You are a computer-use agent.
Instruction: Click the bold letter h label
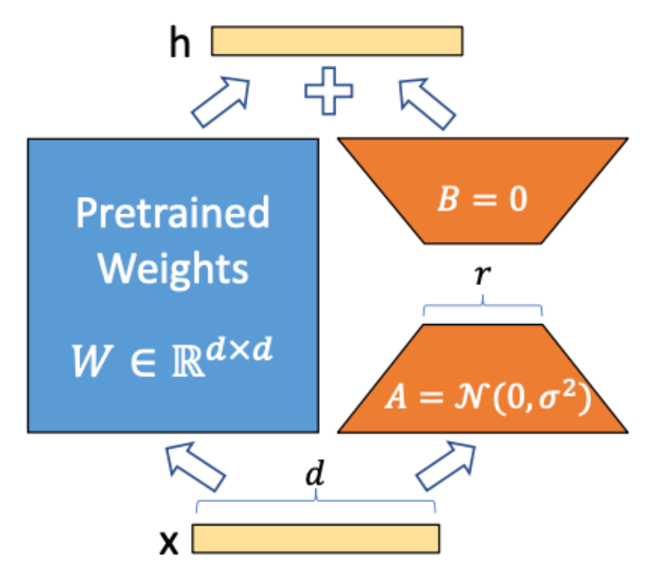click(179, 44)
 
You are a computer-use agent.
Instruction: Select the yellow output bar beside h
click(337, 42)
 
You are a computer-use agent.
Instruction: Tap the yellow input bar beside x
click(315, 539)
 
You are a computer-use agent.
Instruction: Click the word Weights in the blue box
click(173, 268)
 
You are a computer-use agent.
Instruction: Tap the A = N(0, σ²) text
click(482, 398)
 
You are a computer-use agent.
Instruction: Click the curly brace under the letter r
click(482, 306)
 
